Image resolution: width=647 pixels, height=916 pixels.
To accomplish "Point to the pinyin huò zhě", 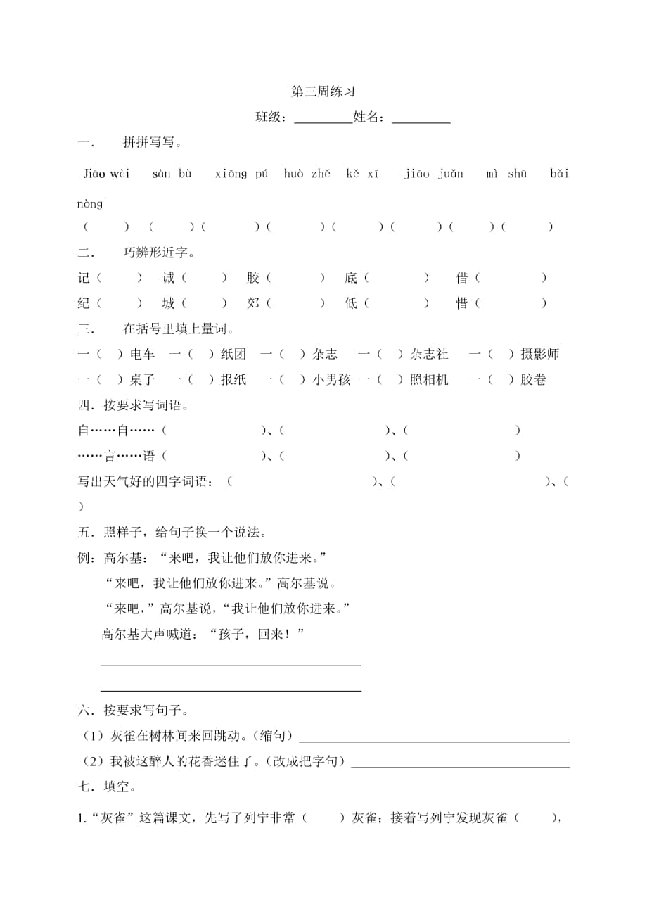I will (307, 174).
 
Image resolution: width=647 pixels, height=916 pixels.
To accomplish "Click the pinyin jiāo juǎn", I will (433, 174).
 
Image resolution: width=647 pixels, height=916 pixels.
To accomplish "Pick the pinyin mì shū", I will (506, 174).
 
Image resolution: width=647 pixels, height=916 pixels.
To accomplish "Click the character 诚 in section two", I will (169, 279).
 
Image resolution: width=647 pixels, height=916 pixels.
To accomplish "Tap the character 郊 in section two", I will (253, 304).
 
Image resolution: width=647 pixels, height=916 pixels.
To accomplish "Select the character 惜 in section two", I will (462, 304).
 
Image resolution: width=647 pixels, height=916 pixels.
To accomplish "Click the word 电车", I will (142, 355).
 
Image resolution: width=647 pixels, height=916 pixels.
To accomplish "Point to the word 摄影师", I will (539, 355).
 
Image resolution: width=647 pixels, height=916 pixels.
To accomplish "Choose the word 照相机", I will (429, 380).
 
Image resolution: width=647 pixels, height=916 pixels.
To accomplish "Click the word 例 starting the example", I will (84, 558).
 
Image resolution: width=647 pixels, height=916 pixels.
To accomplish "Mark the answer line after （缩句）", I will (434, 739).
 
